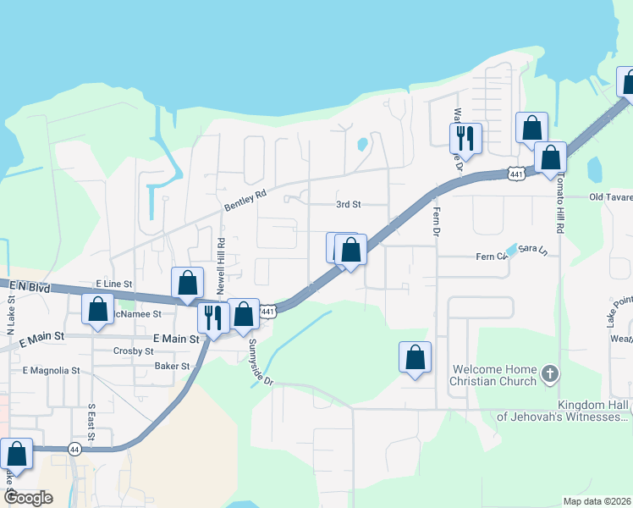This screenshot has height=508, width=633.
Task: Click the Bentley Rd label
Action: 245,200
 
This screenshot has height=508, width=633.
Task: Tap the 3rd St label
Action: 349,205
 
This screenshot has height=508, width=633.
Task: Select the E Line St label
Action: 114,284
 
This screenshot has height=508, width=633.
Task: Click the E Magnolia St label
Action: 51,371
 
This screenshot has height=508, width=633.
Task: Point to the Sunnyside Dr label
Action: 261,362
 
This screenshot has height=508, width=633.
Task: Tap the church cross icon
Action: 549,373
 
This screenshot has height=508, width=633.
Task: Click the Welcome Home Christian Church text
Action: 495,375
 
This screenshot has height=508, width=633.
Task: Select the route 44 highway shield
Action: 75,449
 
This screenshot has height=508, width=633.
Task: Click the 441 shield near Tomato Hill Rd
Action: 517,174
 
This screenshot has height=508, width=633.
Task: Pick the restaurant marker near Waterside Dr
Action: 465,137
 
